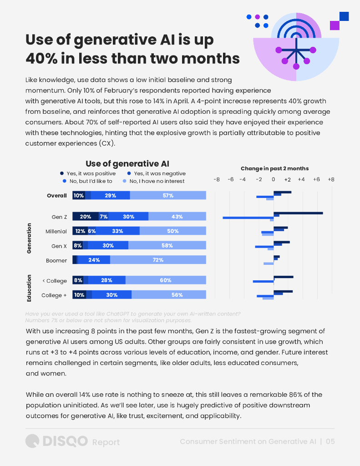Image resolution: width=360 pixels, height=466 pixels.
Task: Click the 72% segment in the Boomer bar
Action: point(158,260)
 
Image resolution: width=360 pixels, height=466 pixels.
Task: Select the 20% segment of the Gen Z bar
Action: point(86,217)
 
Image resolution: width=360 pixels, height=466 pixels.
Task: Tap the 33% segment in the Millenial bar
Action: point(117,231)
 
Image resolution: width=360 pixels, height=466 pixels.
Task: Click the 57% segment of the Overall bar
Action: point(168,196)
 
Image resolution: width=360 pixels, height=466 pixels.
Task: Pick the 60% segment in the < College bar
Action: point(166,281)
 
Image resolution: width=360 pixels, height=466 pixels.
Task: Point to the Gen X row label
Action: point(59,246)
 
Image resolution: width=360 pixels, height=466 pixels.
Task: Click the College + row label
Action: point(54,295)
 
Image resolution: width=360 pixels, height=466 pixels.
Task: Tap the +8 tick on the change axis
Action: point(331,180)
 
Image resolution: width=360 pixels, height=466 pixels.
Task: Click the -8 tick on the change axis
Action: point(217,180)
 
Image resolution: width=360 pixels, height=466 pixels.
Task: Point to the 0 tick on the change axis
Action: point(274,180)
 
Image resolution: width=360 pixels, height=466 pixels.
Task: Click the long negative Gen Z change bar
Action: point(248,218)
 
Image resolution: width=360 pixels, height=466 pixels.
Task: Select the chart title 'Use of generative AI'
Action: point(127,164)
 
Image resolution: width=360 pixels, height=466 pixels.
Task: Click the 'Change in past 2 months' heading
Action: point(274,168)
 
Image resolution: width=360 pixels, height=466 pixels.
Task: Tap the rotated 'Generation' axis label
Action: point(29,238)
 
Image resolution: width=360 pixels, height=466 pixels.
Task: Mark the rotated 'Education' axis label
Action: point(29,288)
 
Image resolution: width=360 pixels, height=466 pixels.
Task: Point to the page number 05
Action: point(330,441)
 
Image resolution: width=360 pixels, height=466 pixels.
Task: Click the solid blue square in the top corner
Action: point(344,16)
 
